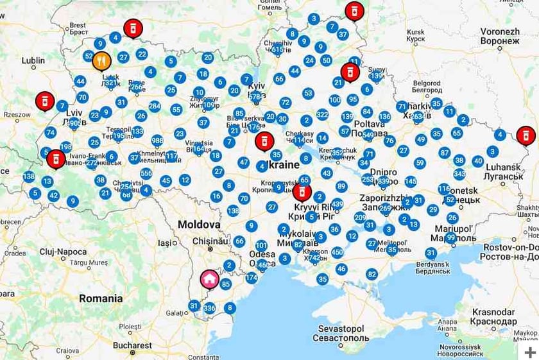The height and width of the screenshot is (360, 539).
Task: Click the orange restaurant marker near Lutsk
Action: [101, 61]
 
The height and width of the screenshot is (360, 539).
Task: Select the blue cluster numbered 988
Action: [157, 141]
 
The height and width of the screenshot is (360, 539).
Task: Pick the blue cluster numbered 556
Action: [146, 173]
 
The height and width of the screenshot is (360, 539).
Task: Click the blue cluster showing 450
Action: [338, 252]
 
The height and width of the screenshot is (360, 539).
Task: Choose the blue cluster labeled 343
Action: [459, 174]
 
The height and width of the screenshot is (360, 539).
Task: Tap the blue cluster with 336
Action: [209, 308]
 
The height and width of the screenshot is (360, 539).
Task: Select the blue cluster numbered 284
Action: [155, 106]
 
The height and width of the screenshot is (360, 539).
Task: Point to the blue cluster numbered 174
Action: [251, 277]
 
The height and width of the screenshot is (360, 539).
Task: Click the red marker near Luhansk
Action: [526, 135]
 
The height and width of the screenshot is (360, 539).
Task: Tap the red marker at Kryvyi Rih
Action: [302, 191]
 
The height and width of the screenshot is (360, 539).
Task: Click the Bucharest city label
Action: [132, 345]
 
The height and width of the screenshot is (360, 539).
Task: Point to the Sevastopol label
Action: [341, 332]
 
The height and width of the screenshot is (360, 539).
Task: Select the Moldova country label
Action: [199, 225]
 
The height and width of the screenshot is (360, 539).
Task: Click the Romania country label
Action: [101, 298]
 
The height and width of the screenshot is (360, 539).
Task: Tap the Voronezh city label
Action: [500, 35]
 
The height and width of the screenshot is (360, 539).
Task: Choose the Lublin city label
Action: [33, 61]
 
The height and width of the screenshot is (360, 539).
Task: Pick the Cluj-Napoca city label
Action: [63, 252]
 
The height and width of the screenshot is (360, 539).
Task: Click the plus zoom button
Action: [529, 352]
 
